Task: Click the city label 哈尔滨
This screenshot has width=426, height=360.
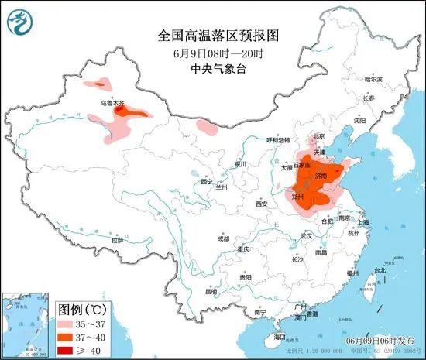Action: coord(374,79)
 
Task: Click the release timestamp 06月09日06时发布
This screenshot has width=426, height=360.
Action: coord(380,341)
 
